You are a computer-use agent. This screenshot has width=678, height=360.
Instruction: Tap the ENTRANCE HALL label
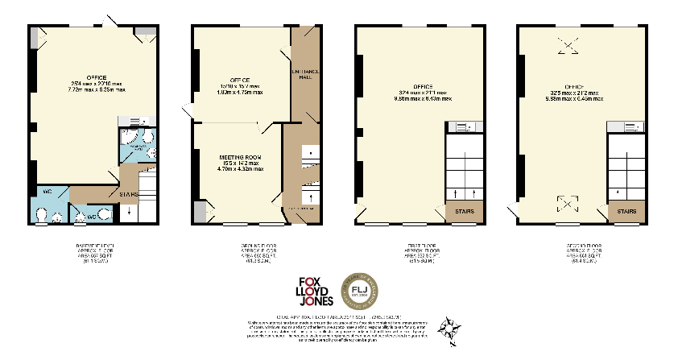coord(305,73)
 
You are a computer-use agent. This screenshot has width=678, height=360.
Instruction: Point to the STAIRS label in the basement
coord(128,193)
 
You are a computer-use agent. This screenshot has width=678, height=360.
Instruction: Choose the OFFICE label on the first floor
coord(423,86)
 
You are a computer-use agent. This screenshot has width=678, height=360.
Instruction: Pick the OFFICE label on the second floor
coord(575,86)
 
